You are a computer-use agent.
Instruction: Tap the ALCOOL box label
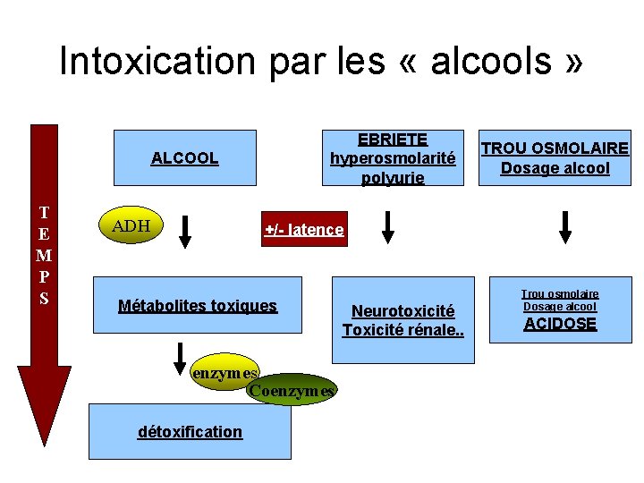click(x=184, y=158)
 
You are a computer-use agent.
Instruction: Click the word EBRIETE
click(x=393, y=140)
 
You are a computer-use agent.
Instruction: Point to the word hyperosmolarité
click(x=393, y=158)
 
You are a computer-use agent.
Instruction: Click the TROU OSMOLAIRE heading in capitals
click(x=555, y=148)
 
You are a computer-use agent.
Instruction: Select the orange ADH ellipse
click(x=131, y=226)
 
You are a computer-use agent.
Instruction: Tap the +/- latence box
click(x=303, y=230)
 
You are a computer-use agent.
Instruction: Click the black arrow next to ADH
click(x=185, y=230)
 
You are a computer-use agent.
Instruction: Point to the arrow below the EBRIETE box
click(x=387, y=226)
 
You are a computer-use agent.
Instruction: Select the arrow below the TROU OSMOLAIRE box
click(x=564, y=226)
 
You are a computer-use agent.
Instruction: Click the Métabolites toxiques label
click(x=198, y=306)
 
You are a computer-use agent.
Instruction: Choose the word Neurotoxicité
click(x=402, y=311)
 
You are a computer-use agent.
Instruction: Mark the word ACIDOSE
click(x=560, y=324)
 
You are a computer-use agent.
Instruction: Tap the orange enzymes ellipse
click(x=224, y=373)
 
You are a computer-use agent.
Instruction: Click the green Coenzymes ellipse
click(x=291, y=390)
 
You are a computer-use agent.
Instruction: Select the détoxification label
click(x=190, y=432)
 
